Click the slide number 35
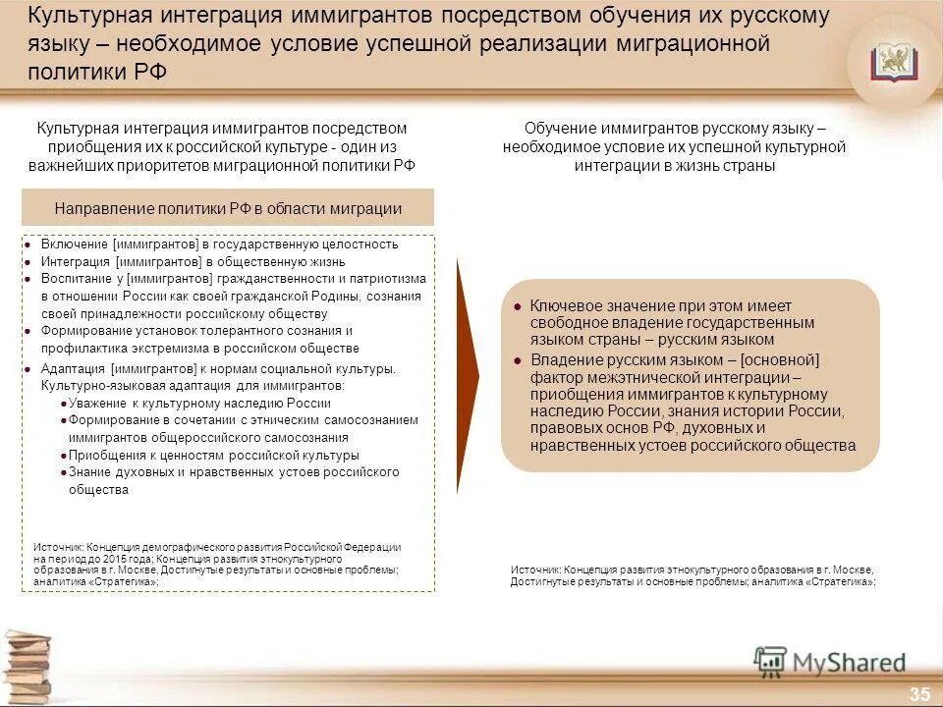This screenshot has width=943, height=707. click(919, 694)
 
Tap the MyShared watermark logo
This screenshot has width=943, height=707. click(830, 663)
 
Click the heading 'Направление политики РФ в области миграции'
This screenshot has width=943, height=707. click(228, 208)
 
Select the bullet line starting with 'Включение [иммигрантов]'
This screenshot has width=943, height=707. click(219, 245)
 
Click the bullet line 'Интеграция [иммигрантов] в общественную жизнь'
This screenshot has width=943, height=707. click(193, 262)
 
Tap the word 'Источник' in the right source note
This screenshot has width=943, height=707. click(534, 570)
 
